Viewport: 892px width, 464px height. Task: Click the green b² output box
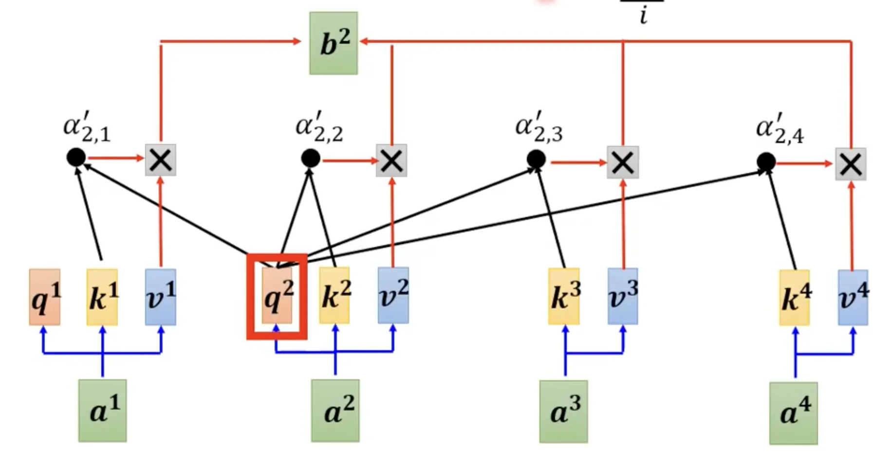tap(334, 43)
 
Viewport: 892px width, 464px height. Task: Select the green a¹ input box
tap(103, 411)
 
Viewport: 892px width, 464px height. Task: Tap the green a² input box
tap(335, 411)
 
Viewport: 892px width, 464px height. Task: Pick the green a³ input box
tap(563, 411)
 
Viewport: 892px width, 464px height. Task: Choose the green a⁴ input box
tap(793, 413)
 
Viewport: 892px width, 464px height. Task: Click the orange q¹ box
tap(45, 297)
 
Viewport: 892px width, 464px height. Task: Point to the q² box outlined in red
tap(277, 296)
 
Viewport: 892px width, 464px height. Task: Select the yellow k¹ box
tap(102, 297)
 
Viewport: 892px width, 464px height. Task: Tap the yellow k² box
tap(334, 296)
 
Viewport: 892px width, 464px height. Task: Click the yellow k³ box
tap(564, 296)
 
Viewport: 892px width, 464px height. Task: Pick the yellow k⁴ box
tap(795, 298)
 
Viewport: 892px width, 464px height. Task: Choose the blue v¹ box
tap(161, 297)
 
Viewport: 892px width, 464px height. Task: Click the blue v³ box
tap(623, 296)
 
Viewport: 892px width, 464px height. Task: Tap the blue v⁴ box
tap(853, 298)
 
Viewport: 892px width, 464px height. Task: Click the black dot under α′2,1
tap(76, 157)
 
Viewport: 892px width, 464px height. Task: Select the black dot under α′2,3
tap(536, 159)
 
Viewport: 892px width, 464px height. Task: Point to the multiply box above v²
tap(391, 161)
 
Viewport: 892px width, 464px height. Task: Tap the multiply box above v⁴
tap(851, 164)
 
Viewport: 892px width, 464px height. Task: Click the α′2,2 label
tap(319, 127)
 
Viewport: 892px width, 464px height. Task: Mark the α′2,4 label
tap(780, 129)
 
